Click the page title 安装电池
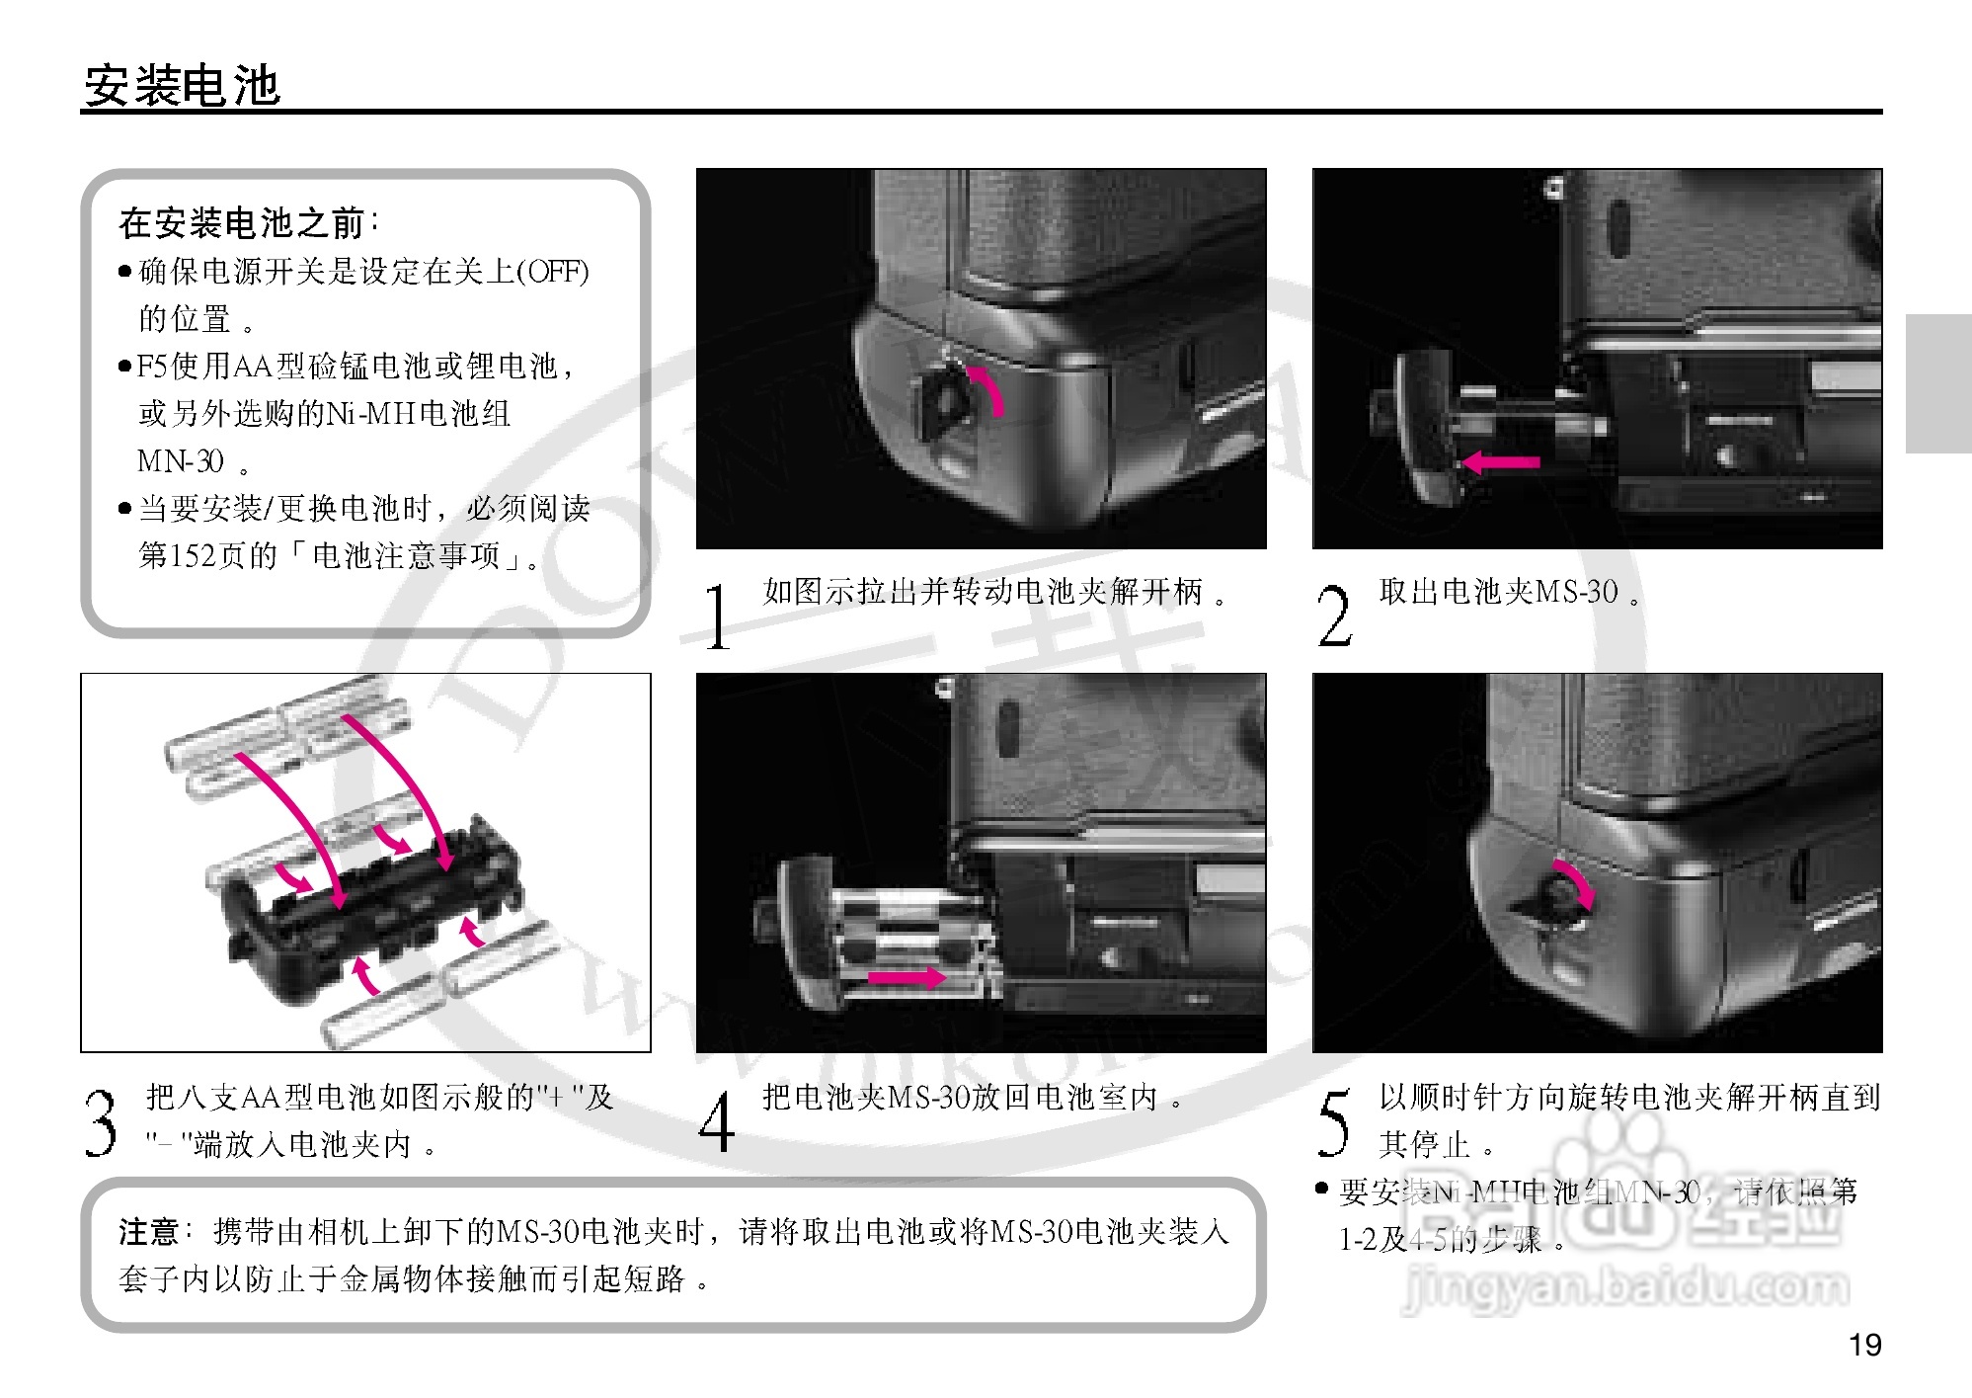(183, 86)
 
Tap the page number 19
(1864, 1345)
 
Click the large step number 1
(718, 617)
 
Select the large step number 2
(1334, 617)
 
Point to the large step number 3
(100, 1122)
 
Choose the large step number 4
(717, 1122)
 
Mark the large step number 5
(1333, 1122)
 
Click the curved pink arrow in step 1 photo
(988, 388)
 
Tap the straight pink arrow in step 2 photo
(1500, 461)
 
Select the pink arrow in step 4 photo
(907, 978)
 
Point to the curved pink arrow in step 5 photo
(1576, 882)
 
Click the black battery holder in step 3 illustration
(370, 914)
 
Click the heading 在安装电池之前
(243, 223)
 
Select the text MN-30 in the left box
(181, 460)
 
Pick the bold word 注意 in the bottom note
(148, 1232)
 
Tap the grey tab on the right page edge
(1937, 383)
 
